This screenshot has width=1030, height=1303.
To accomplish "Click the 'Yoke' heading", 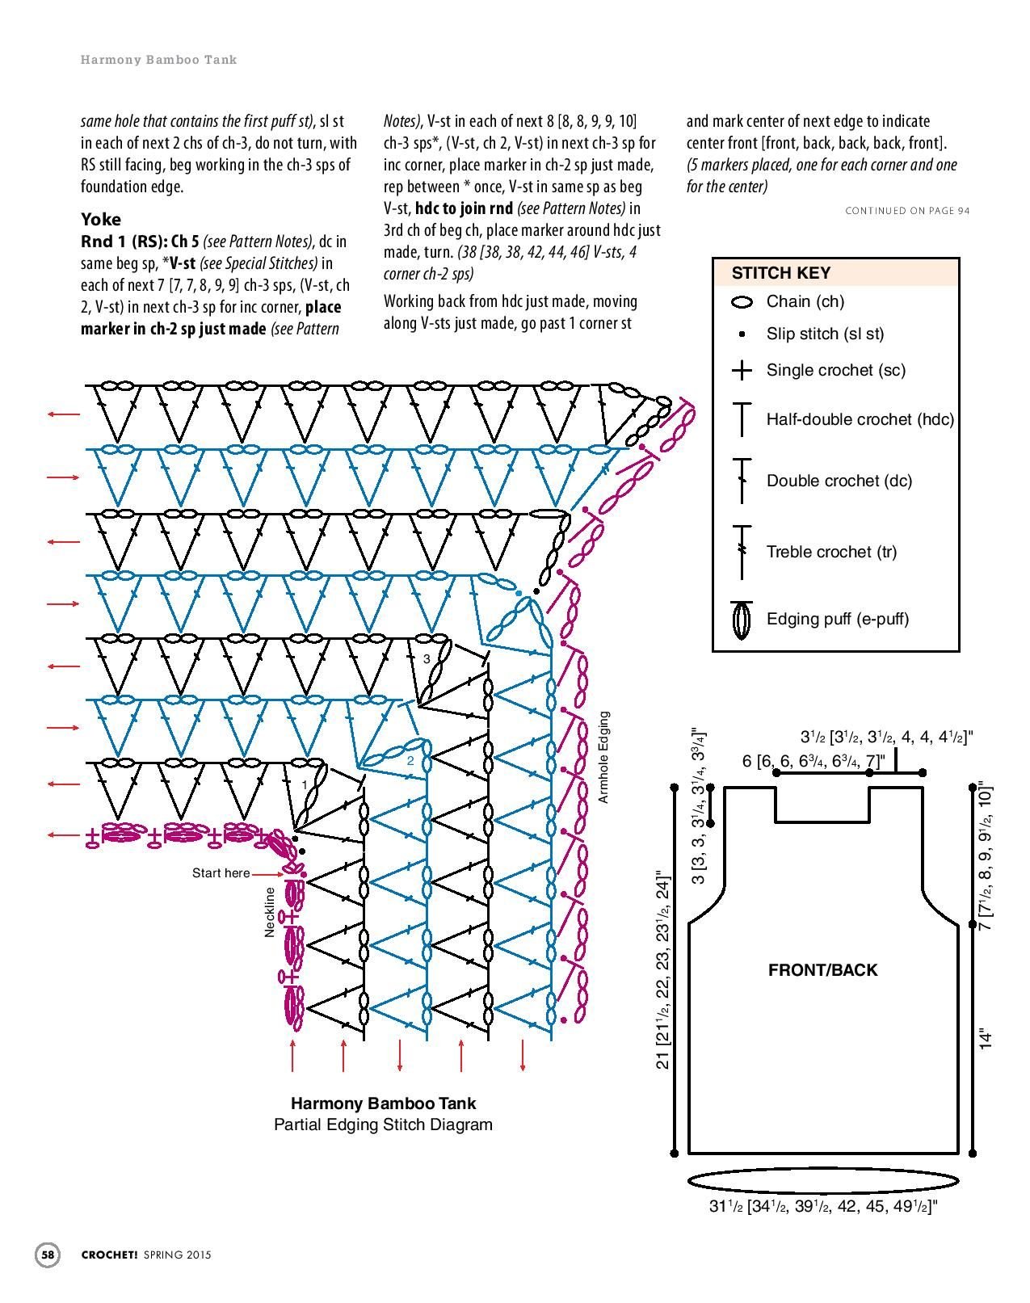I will (101, 219).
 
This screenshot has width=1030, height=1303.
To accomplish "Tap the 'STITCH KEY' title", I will (780, 273).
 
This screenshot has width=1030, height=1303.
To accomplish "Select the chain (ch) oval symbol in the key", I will (742, 302).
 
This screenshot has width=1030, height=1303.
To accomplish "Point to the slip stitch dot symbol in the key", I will (742, 334).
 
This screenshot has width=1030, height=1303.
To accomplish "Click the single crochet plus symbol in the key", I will (742, 371).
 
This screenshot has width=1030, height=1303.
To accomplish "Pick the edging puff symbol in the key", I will (742, 620).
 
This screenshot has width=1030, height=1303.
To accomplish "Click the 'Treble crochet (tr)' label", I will (831, 552).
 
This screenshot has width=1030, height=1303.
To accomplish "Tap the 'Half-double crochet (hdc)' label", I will (860, 419).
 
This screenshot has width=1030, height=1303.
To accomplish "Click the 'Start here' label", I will (221, 872).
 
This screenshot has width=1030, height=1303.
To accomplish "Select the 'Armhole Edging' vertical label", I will (603, 757).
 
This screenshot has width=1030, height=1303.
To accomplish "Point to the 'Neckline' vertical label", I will (270, 912).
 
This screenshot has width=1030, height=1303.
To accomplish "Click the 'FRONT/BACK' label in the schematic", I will (822, 970).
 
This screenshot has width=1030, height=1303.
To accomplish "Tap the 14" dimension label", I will (985, 1040).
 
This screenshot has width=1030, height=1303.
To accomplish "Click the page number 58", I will (48, 1255).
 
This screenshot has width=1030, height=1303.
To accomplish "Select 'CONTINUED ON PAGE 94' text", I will (907, 211).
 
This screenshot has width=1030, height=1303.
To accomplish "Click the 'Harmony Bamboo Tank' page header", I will (158, 60).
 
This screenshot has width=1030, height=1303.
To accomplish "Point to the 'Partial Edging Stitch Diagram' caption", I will (383, 1124).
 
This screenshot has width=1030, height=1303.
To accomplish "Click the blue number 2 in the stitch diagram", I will (410, 761).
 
